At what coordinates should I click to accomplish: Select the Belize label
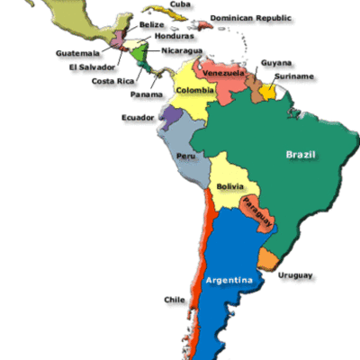151,24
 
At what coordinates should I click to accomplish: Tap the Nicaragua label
183,51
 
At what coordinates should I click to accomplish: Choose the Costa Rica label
112,80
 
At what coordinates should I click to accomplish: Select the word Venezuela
223,72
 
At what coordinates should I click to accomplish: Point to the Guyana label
275,63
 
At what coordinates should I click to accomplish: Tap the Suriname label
296,76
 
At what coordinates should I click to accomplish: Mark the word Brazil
301,155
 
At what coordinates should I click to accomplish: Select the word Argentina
229,280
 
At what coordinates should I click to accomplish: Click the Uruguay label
295,274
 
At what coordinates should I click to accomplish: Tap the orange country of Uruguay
269,259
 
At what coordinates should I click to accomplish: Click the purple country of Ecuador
170,115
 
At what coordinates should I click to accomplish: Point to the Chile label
175,300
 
